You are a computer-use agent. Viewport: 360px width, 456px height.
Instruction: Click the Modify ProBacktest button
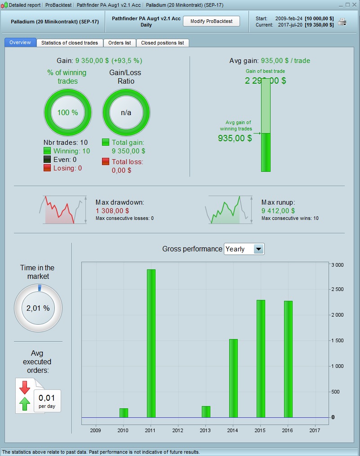(211, 22)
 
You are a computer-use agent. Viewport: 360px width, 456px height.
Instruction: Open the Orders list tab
(120, 43)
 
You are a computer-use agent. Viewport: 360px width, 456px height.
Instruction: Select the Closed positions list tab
(162, 43)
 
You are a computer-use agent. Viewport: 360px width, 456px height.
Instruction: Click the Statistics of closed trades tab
(70, 43)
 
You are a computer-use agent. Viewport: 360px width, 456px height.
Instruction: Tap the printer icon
(342, 22)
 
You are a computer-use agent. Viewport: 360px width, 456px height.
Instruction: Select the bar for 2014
(233, 378)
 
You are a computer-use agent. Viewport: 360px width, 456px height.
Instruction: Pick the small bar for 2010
(124, 413)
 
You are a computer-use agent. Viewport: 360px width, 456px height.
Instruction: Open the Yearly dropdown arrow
(258, 249)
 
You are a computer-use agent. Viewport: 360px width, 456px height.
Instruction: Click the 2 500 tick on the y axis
(338, 290)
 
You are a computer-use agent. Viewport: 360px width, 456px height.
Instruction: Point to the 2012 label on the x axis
(178, 431)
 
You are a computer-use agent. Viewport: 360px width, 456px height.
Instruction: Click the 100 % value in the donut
(67, 112)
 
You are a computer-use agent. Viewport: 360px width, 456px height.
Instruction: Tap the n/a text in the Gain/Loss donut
(126, 112)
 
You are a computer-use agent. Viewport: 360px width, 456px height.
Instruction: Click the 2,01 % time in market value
(38, 308)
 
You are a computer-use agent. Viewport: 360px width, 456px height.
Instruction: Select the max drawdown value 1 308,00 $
(112, 210)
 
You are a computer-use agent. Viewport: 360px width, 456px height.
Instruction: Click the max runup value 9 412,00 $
(278, 210)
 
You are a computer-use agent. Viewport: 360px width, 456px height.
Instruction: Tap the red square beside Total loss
(106, 162)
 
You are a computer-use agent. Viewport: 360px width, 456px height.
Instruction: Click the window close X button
(355, 5)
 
